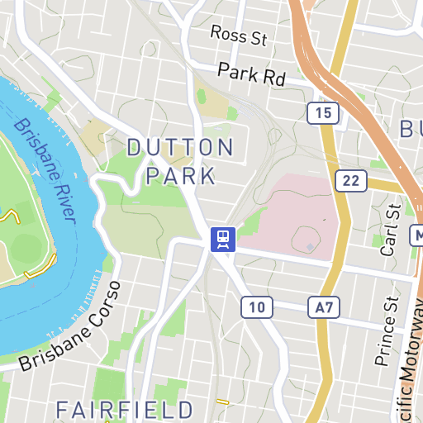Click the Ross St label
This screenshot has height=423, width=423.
240,36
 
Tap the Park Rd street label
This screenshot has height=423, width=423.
251,74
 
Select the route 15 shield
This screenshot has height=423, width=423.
322,113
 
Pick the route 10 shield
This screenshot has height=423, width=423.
257,308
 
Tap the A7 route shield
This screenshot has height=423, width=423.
325,308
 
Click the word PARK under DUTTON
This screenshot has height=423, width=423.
180,175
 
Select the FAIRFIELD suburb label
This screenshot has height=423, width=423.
124,409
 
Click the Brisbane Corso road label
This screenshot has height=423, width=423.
70,328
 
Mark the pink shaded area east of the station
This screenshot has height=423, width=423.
293,215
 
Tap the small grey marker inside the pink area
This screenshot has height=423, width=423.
310,246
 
